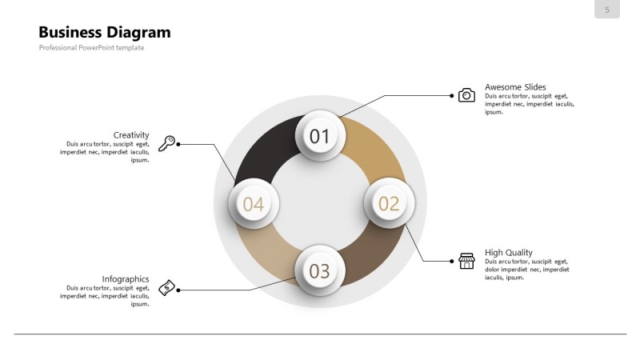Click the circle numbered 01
[x=320, y=136]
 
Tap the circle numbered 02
[x=389, y=203]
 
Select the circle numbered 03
[x=320, y=271]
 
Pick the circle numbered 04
[x=253, y=204]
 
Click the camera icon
[x=466, y=95]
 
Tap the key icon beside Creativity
[x=166, y=144]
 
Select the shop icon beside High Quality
[x=466, y=261]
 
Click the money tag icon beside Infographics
[x=167, y=288]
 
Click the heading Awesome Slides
[x=515, y=87]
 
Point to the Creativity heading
[x=131, y=135]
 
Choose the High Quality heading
[x=509, y=253]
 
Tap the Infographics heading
[x=126, y=279]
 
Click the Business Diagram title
[x=105, y=33]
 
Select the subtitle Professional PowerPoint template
[x=91, y=48]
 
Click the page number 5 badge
[x=607, y=10]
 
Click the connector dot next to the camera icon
[x=451, y=96]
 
